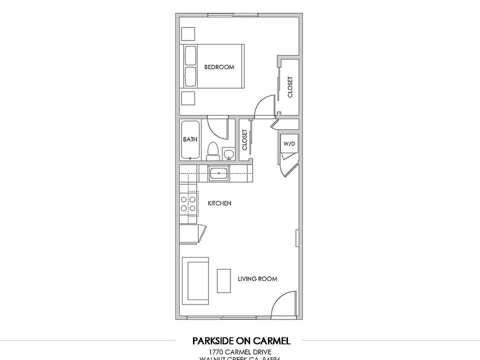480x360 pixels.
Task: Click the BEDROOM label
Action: pyautogui.click(x=219, y=67)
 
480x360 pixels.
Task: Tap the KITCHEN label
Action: pyautogui.click(x=219, y=203)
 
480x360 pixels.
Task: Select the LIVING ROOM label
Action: pyautogui.click(x=257, y=279)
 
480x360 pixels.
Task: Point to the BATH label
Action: pyautogui.click(x=189, y=139)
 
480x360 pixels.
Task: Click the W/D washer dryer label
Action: pyautogui.click(x=289, y=144)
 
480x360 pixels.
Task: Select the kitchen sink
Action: pyautogui.click(x=218, y=173)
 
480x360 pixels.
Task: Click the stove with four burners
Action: pyautogui.click(x=188, y=203)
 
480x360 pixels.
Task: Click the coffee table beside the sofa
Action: pyautogui.click(x=223, y=280)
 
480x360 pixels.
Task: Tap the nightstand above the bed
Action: pyautogui.click(x=188, y=33)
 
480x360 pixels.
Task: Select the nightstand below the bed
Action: pyautogui.click(x=188, y=97)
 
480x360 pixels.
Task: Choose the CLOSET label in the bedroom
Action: pyautogui.click(x=290, y=87)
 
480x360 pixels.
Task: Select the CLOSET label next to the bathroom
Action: pyautogui.click(x=244, y=140)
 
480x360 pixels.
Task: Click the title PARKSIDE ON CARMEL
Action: pyautogui.click(x=240, y=341)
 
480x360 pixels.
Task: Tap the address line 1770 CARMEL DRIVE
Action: pyautogui.click(x=240, y=352)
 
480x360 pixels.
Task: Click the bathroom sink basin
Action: pyautogui.click(x=229, y=153)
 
